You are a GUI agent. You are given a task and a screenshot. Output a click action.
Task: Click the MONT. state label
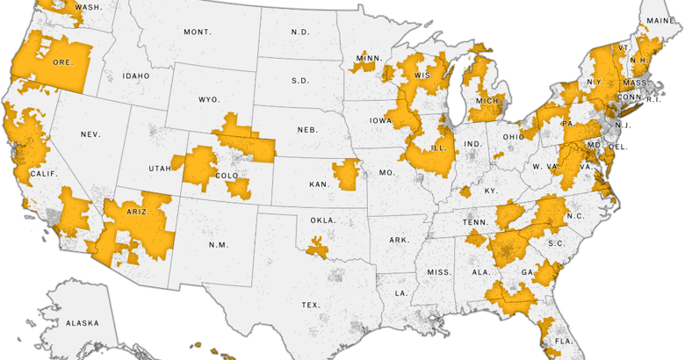(197, 32)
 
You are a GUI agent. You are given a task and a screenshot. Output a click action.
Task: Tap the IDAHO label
(136, 76)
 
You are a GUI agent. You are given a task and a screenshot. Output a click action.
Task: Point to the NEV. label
(90, 134)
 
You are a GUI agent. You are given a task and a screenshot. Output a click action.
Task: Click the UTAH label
(160, 168)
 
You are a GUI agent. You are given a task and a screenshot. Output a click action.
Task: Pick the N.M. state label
(217, 244)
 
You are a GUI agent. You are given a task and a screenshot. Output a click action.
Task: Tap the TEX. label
(310, 305)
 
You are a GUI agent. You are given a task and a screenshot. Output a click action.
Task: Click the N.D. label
(300, 32)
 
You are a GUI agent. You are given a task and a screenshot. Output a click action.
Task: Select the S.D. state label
(300, 81)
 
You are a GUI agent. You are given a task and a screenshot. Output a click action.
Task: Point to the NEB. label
(306, 129)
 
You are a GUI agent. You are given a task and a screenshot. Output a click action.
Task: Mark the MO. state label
(386, 173)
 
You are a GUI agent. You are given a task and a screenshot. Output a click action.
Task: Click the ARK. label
(400, 240)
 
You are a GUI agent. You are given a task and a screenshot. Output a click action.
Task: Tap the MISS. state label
(439, 272)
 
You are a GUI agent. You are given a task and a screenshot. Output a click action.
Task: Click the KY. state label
(490, 191)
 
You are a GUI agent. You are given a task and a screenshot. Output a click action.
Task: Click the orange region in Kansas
(345, 175)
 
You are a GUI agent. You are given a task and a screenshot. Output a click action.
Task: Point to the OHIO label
(514, 137)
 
